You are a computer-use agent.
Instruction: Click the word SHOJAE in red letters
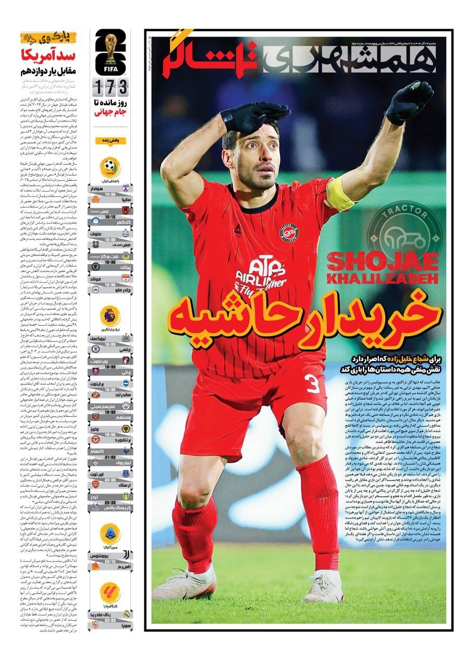tap(382, 262)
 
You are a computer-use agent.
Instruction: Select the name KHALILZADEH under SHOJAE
tap(382, 279)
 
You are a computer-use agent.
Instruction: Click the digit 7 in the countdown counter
tap(110, 85)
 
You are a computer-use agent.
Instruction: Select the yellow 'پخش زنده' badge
tap(110, 140)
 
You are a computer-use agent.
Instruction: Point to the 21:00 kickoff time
tap(110, 456)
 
